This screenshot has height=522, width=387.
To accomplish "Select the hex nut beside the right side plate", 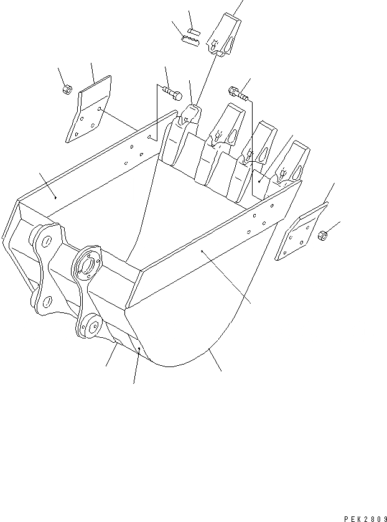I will [323, 236].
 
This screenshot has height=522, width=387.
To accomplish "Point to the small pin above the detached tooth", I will [193, 30].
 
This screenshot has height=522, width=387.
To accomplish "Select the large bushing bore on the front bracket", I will [86, 264].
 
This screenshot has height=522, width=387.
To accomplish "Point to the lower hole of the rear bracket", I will [44, 301].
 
